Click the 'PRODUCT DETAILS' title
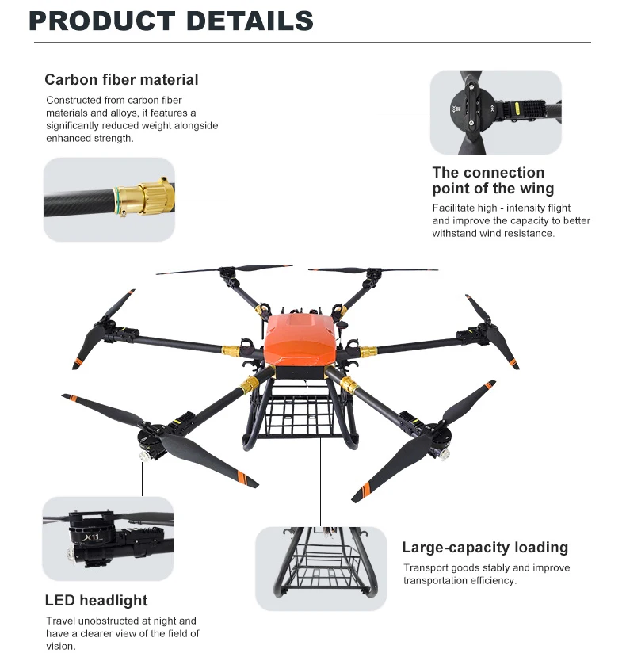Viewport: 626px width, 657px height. coord(171,21)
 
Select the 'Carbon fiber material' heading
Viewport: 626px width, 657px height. coord(121,80)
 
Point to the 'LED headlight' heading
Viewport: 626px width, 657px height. coord(96,600)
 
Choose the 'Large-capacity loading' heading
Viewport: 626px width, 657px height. coord(485,547)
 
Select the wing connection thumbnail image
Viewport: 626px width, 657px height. coord(495,113)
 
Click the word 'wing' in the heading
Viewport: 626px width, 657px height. coord(535,189)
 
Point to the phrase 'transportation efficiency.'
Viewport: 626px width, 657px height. coord(460,580)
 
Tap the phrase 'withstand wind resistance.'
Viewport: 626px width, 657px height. coord(493,234)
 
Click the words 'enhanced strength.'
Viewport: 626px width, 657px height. coord(90,138)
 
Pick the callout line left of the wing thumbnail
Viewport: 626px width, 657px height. coord(401,117)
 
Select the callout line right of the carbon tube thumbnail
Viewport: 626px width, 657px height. coord(201,201)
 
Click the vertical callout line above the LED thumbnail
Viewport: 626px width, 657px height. coord(143,479)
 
